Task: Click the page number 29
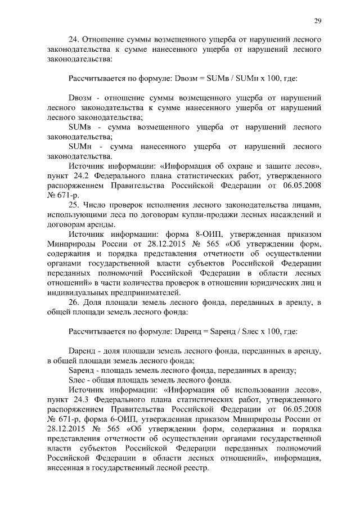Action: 317,21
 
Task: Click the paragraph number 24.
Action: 73,39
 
